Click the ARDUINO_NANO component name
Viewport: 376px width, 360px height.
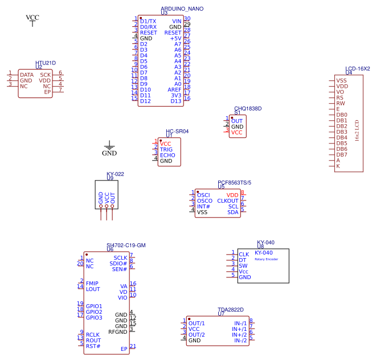tap(182, 9)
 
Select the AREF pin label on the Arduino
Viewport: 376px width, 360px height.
tap(174, 89)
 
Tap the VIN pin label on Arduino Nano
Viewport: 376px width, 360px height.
tap(177, 21)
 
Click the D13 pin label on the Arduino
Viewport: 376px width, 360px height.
tap(176, 101)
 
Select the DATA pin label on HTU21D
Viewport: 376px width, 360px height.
tap(27, 75)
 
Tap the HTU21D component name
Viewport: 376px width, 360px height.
tap(46, 63)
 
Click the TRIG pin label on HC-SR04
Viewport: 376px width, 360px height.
tap(166, 149)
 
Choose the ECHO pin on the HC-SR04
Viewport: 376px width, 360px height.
tap(167, 155)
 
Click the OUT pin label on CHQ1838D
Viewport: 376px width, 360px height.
tap(237, 121)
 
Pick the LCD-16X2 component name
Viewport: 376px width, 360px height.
tap(358, 68)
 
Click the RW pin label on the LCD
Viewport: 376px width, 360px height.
tap(340, 103)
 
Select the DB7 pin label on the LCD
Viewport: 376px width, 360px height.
tap(342, 154)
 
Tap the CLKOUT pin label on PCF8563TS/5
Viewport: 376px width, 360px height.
tap(228, 201)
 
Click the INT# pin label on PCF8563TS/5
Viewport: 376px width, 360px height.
tap(203, 206)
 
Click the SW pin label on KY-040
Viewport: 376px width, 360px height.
tap(243, 265)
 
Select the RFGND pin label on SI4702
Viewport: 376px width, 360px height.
tap(117, 332)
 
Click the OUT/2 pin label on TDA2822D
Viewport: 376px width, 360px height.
tap(197, 334)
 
